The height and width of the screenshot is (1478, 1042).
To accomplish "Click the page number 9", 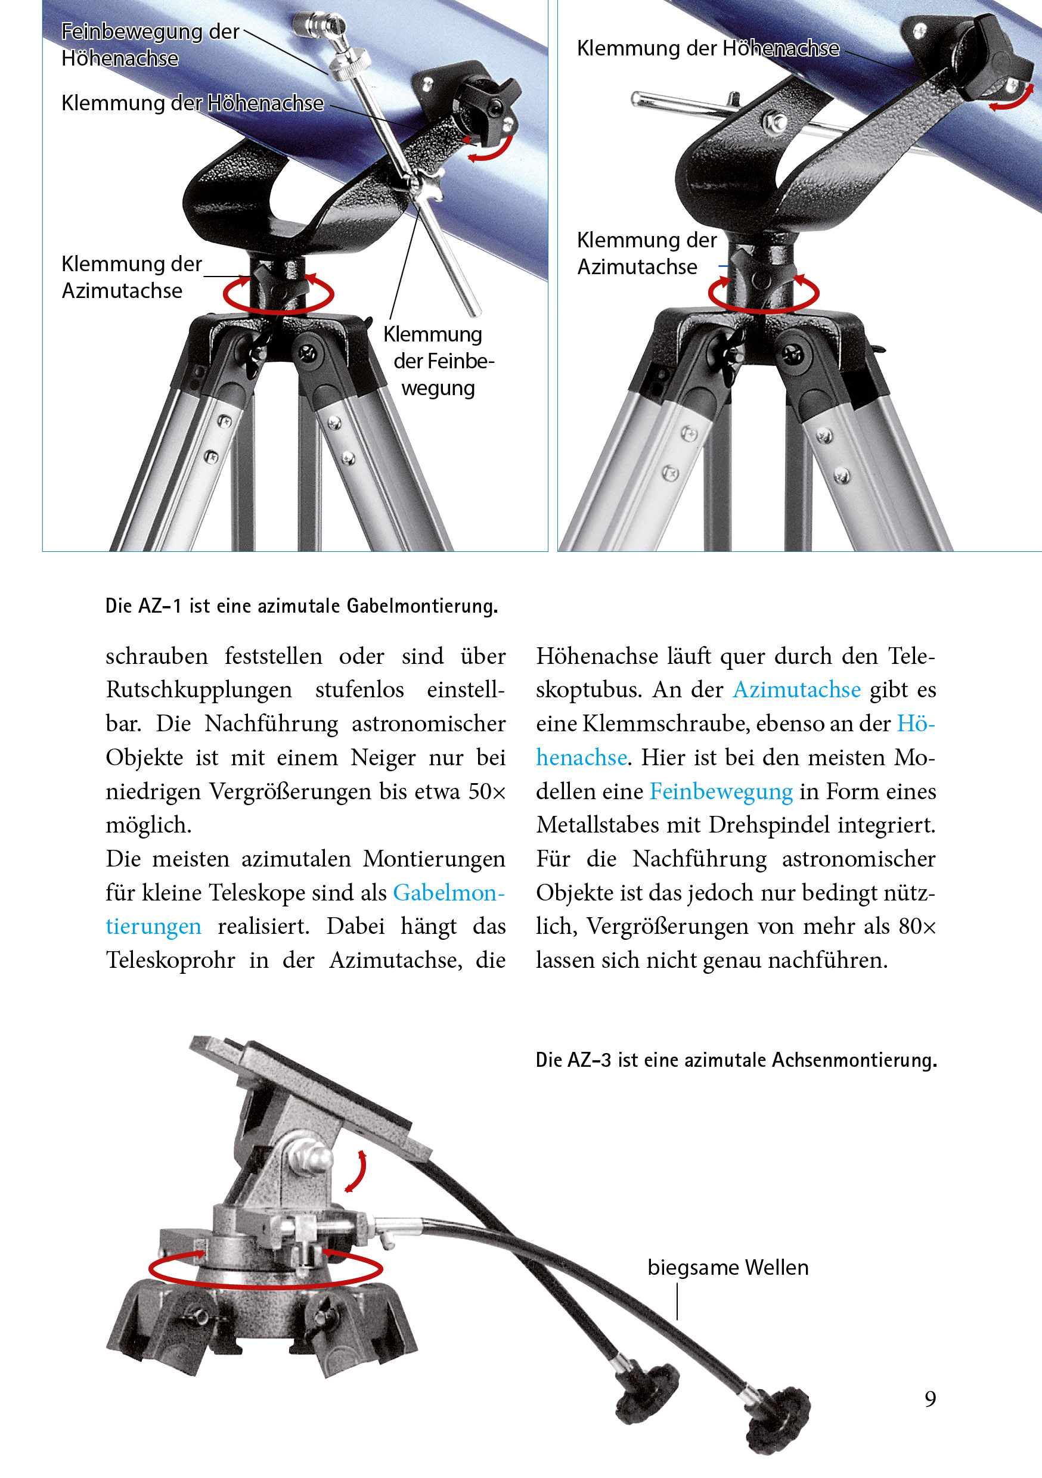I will pyautogui.click(x=930, y=1398).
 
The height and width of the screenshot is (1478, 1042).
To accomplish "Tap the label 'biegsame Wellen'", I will pyautogui.click(x=728, y=1267).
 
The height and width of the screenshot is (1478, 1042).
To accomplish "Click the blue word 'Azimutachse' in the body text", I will pyautogui.click(x=796, y=690).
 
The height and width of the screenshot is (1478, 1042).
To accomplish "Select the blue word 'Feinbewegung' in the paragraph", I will pyautogui.click(x=721, y=791).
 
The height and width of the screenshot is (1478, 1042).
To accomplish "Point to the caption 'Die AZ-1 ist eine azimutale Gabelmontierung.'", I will pyautogui.click(x=302, y=606).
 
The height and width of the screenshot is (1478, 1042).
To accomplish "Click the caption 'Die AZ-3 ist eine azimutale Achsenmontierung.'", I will pyautogui.click(x=736, y=1060).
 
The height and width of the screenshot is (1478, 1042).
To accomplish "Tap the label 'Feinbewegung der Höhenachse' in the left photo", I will pyautogui.click(x=150, y=45).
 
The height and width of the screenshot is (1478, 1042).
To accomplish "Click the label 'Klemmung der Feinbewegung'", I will pyautogui.click(x=439, y=361).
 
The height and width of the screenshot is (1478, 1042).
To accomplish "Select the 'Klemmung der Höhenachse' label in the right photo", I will pyautogui.click(x=708, y=48).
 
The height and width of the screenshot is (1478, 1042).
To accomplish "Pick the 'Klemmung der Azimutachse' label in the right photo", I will pyautogui.click(x=646, y=253).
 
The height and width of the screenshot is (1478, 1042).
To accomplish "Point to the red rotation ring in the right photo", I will pyautogui.click(x=763, y=294).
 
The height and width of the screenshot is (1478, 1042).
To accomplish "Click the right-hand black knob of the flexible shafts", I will pyautogui.click(x=778, y=1420).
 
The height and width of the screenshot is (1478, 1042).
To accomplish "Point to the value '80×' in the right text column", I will pyautogui.click(x=917, y=926).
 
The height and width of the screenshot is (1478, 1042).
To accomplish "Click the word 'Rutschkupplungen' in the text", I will pyautogui.click(x=199, y=690).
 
